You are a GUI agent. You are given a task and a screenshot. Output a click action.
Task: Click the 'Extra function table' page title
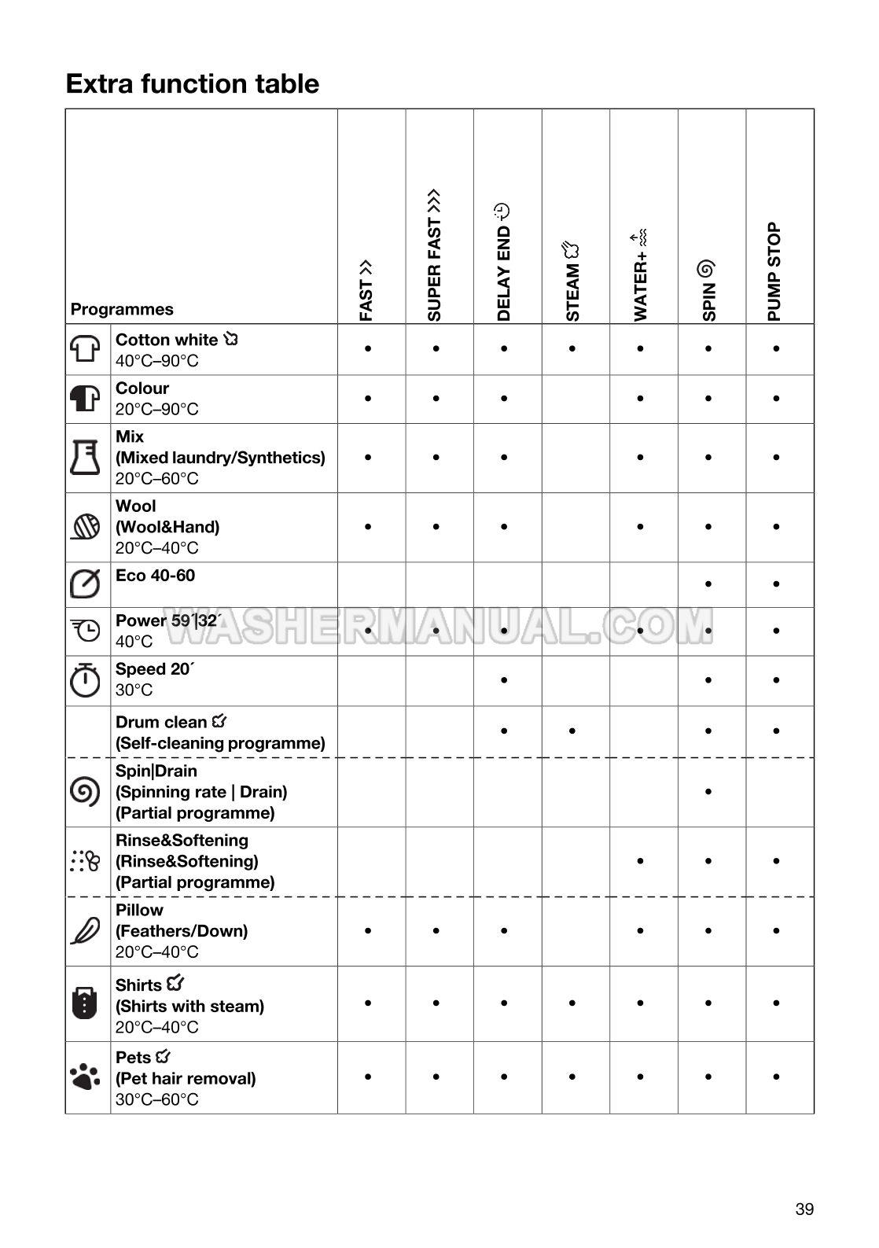(x=193, y=83)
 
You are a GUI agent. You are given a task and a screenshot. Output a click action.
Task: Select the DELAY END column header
(x=503, y=263)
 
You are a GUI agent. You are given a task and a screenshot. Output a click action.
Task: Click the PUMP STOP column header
(x=774, y=272)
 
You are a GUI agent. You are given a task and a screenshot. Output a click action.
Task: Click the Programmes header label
(x=122, y=309)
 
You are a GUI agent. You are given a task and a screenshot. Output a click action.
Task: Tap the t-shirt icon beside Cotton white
(x=86, y=348)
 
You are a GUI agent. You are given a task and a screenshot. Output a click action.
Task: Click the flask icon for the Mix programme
(x=86, y=457)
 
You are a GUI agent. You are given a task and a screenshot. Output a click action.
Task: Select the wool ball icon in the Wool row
(x=86, y=526)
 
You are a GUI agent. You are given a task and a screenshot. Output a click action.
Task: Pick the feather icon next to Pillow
(x=86, y=930)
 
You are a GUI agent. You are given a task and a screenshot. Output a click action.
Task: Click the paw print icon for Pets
(x=86, y=1077)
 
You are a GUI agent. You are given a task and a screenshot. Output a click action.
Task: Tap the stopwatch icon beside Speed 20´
(x=86, y=680)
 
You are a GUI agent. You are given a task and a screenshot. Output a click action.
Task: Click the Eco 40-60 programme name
(x=155, y=576)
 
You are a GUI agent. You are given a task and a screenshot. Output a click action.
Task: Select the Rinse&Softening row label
(x=182, y=841)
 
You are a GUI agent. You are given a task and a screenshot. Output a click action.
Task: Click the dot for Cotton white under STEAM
(x=572, y=348)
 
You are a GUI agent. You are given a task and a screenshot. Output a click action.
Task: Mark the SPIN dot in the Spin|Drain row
(x=708, y=792)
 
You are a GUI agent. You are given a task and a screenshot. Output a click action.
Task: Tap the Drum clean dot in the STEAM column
(x=572, y=731)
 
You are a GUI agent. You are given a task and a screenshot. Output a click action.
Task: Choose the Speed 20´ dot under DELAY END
(x=504, y=680)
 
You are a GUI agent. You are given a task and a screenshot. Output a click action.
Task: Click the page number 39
(x=804, y=1209)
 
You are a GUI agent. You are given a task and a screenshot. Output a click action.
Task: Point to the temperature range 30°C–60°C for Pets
(x=157, y=1099)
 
